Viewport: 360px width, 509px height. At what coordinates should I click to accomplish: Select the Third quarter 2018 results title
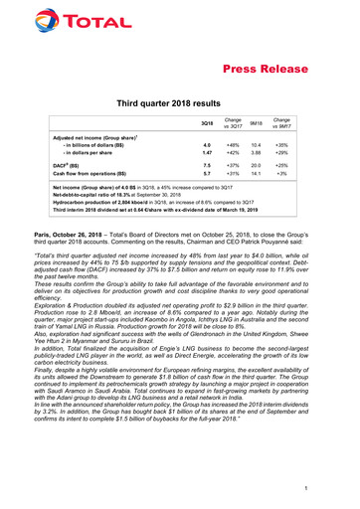click(180, 104)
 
